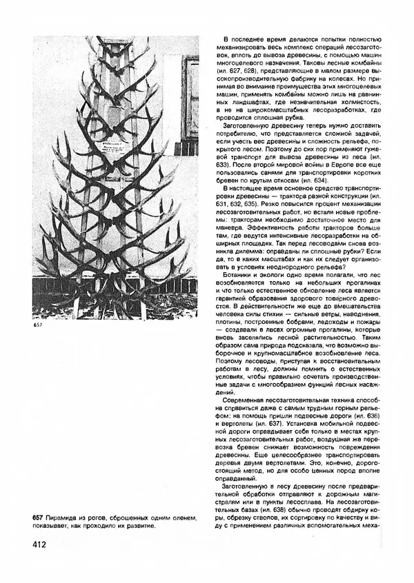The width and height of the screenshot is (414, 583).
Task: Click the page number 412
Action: (x=39, y=545)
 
